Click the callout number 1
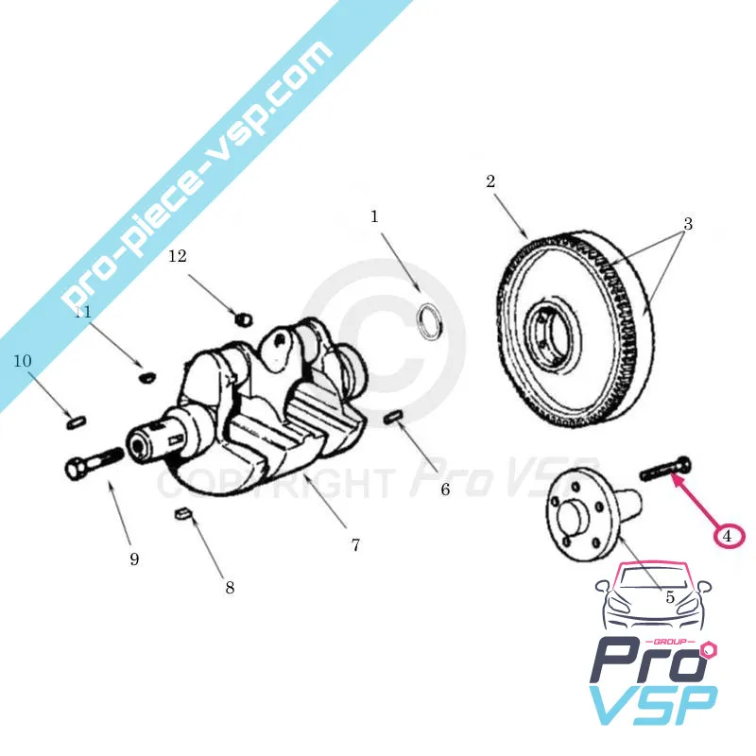374,216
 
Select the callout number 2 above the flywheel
490,181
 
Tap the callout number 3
688,224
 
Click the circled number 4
728,536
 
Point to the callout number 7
355,545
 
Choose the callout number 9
134,558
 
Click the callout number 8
230,587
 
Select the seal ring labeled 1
431,318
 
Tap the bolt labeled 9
93,462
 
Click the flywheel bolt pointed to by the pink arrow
666,467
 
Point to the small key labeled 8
183,515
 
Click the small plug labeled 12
242,315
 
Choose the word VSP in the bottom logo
652,705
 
